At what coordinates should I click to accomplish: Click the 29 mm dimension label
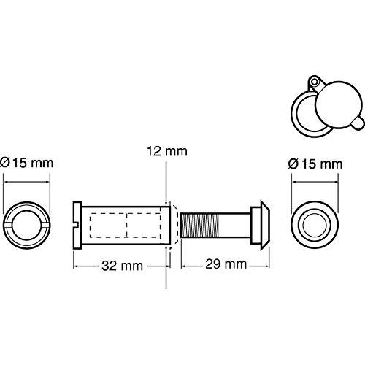tap(225, 265)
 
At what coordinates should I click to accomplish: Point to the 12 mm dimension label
tap(167, 152)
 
